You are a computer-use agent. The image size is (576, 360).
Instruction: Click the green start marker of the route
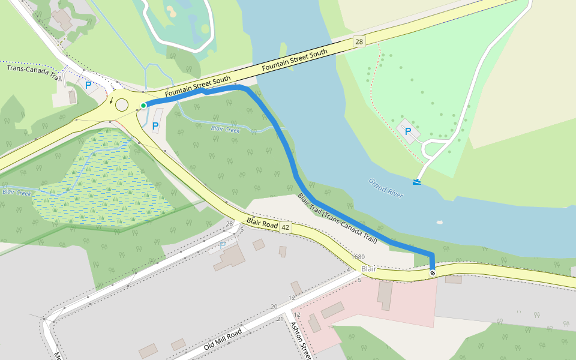click(143, 106)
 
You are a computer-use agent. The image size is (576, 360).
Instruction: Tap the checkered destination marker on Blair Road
click(433, 273)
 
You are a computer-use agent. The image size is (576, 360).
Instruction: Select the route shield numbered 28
click(359, 41)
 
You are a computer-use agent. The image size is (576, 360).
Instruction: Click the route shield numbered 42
click(285, 227)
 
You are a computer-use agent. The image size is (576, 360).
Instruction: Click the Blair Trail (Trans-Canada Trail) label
click(337, 218)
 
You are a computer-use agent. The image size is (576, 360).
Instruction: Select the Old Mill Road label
click(223, 340)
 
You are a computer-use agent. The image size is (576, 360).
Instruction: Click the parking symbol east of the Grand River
click(408, 131)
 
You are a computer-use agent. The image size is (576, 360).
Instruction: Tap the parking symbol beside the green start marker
click(155, 126)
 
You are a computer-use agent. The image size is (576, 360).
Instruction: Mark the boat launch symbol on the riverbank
click(416, 181)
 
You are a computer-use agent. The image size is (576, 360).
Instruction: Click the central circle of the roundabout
click(122, 105)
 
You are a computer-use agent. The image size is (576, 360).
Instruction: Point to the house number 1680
click(359, 257)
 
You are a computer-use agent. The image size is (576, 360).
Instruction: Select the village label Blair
click(368, 269)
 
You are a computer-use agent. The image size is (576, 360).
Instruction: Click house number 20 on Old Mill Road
click(274, 307)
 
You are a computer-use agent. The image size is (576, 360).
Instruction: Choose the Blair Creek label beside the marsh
click(16, 193)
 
